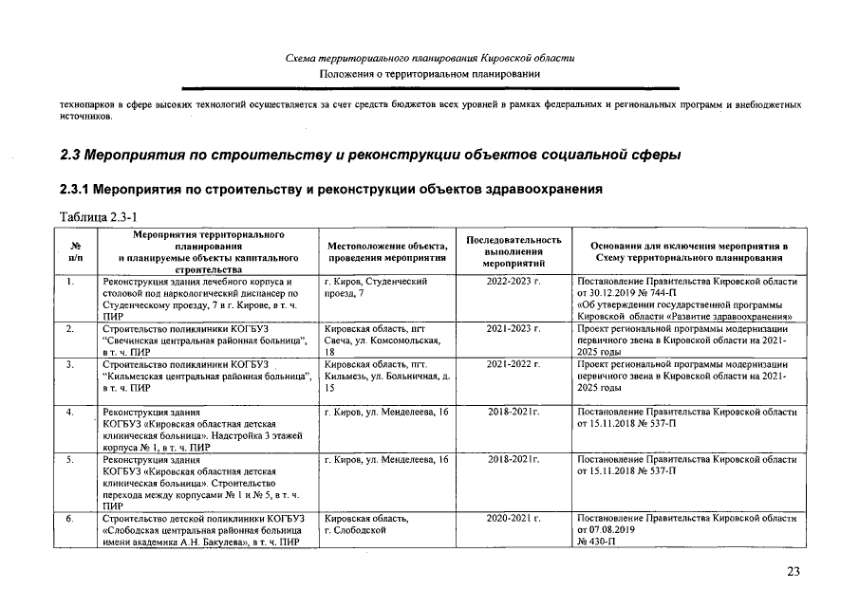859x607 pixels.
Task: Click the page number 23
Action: tap(794, 571)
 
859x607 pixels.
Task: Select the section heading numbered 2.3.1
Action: tap(330, 189)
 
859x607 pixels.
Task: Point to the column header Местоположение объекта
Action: tap(386, 251)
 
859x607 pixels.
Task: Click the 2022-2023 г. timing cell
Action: tap(514, 282)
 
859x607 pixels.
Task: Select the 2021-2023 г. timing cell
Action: tap(514, 328)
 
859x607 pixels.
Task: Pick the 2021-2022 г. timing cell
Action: tap(514, 364)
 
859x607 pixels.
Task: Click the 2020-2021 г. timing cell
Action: tap(514, 519)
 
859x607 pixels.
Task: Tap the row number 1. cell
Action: tap(71, 282)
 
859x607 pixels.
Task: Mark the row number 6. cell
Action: tap(71, 519)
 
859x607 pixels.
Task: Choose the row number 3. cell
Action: tap(71, 364)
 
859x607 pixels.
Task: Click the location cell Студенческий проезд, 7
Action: tap(376, 287)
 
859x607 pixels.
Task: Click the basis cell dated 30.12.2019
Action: tap(685, 299)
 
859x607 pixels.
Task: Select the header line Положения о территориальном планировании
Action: tap(429, 74)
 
